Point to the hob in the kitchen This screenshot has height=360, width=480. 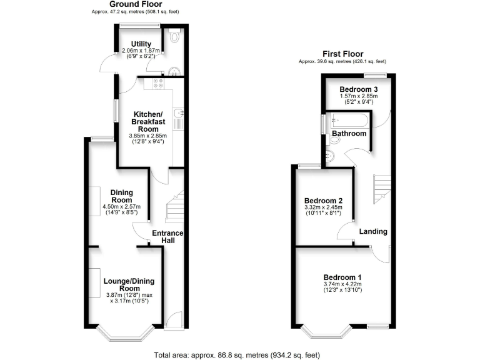click(x=154, y=84)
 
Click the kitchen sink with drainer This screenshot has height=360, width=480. click(x=178, y=116)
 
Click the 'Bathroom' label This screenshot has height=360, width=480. click(x=349, y=134)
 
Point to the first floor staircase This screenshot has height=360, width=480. click(x=381, y=188)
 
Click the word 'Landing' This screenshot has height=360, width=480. click(x=373, y=231)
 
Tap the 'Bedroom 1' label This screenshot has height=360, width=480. click(x=342, y=277)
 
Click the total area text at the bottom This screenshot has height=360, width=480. click(x=239, y=354)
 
